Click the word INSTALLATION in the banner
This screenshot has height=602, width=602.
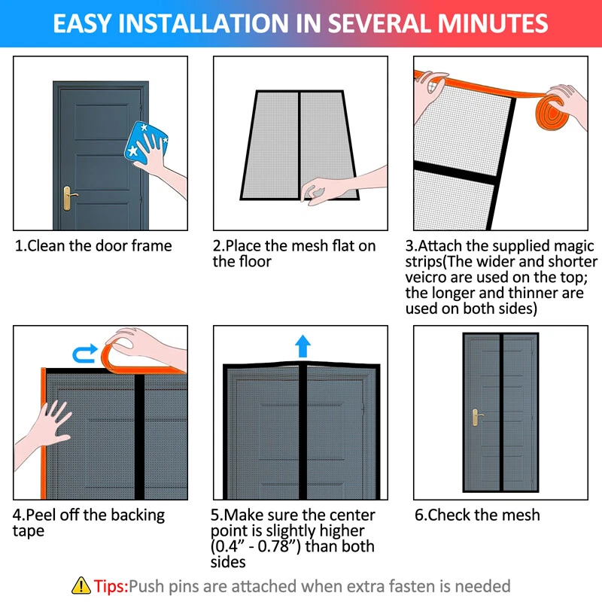point(203,23)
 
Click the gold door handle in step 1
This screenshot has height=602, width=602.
point(69,198)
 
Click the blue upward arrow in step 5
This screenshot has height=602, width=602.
point(303,345)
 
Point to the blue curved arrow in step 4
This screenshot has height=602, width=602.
point(85,354)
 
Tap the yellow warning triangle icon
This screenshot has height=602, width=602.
point(81,586)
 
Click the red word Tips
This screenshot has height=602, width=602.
point(111,587)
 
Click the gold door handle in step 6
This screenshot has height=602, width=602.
point(476,417)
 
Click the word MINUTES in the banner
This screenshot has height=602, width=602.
point(493,23)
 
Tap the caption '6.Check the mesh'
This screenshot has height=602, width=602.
point(477,515)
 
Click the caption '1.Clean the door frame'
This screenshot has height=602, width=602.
point(93,246)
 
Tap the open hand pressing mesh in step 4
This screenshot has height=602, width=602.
point(46,428)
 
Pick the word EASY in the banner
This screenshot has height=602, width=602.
point(83,23)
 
